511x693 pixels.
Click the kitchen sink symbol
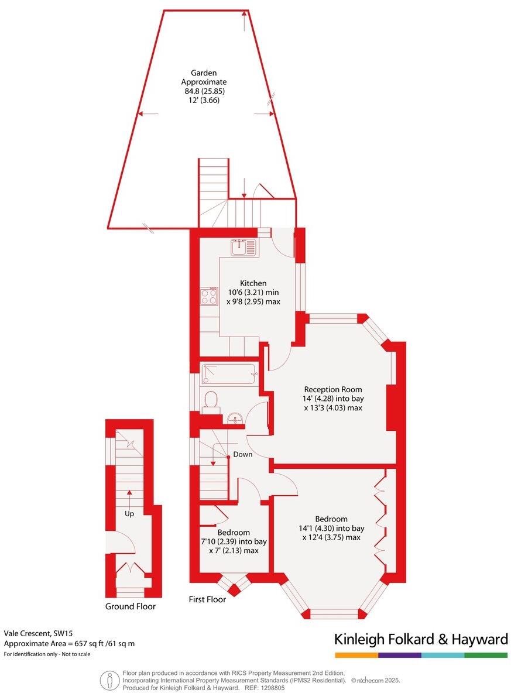[243, 248]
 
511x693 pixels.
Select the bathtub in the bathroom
[228, 373]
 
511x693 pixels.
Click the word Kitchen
[253, 283]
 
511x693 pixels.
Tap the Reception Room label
[332, 389]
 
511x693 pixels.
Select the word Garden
[204, 73]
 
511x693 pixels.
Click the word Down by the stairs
[243, 454]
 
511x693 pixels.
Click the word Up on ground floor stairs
[129, 513]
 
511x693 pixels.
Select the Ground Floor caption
[131, 606]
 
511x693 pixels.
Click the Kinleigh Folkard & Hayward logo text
[420, 639]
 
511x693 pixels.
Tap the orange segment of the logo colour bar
[356, 655]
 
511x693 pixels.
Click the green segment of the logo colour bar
[486, 655]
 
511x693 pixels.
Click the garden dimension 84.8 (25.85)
[204, 91]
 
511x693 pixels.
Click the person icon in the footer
[108, 680]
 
